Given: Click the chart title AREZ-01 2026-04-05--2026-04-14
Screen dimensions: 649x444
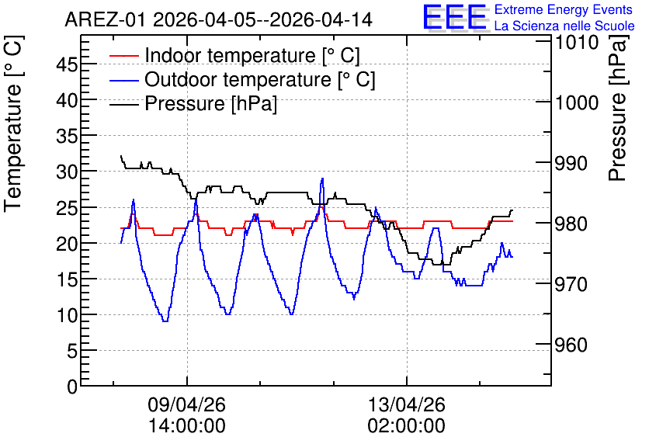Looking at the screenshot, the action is [219, 19].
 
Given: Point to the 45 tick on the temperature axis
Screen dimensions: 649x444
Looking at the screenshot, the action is [67, 64].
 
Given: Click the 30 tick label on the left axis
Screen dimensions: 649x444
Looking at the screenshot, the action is [67, 172].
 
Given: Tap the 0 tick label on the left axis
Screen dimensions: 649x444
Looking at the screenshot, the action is [72, 387].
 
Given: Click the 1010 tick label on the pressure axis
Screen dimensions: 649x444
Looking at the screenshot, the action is [577, 42].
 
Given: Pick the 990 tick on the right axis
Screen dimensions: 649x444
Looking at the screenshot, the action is [571, 163].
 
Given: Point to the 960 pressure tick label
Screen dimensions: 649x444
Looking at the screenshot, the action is [571, 345].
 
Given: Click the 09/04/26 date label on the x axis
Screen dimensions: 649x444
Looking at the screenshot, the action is [186, 404].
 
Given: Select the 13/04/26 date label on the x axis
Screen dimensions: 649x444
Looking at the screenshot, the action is [407, 404].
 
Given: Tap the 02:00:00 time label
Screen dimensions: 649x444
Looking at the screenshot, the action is [407, 425].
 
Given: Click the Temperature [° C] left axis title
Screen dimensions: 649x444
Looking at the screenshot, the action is [13, 123].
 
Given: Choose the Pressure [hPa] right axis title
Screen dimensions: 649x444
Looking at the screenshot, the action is [617, 108].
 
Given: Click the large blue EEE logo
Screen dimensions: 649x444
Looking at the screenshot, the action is [454, 17].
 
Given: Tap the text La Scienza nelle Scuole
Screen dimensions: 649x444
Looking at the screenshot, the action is [564, 26].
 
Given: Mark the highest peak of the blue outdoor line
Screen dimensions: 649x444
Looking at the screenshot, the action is [322, 179].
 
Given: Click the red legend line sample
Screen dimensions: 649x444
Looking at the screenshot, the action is [123, 56].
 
